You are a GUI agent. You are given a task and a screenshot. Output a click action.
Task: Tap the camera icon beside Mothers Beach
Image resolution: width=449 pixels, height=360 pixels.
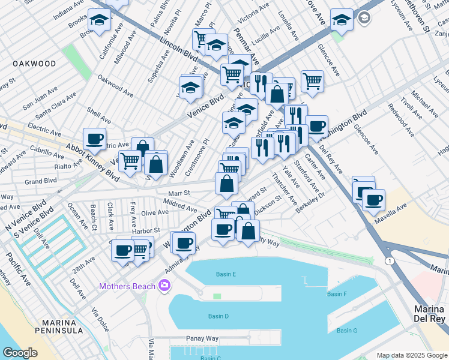click(164, 286)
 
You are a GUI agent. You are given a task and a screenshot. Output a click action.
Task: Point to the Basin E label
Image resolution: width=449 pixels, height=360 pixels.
click(226, 274)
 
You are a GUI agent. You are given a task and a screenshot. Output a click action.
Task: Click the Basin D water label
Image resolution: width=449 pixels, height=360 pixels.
click(218, 316)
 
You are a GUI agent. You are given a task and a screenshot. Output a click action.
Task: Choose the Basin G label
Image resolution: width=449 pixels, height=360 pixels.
click(346, 331)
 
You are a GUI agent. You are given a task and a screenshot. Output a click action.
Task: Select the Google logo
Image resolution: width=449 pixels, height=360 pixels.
click(20, 353)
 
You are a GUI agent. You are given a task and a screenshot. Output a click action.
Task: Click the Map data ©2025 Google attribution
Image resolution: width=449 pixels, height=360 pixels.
click(411, 355)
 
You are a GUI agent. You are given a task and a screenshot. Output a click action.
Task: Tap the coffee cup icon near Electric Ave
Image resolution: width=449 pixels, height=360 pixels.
click(94, 139)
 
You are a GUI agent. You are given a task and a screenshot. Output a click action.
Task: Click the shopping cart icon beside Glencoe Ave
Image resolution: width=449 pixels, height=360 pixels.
click(312, 80)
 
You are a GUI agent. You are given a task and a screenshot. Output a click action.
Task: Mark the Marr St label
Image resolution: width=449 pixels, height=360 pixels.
click(178, 193)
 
